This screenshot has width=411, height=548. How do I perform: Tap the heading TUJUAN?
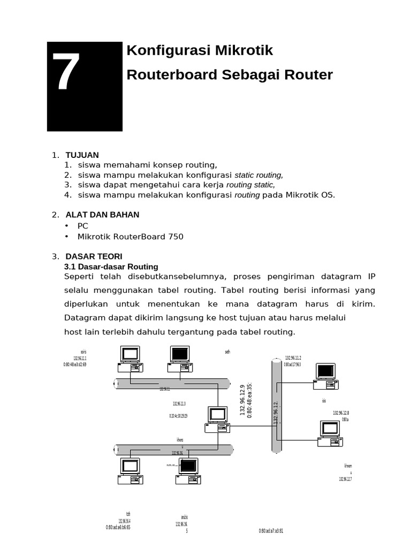[82, 155]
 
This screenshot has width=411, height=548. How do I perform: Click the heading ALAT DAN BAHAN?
[102, 215]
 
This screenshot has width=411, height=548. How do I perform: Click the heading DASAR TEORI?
[94, 256]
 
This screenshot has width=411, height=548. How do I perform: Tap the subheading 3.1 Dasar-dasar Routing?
[111, 267]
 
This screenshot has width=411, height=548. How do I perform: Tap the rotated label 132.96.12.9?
[242, 400]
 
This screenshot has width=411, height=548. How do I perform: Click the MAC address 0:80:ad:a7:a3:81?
[271, 531]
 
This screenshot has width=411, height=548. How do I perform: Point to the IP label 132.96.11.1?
[80, 359]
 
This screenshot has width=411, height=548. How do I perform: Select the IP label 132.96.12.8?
[341, 413]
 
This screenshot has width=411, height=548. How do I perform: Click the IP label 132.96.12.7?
[345, 479]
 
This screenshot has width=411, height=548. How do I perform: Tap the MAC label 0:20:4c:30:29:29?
[179, 415]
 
